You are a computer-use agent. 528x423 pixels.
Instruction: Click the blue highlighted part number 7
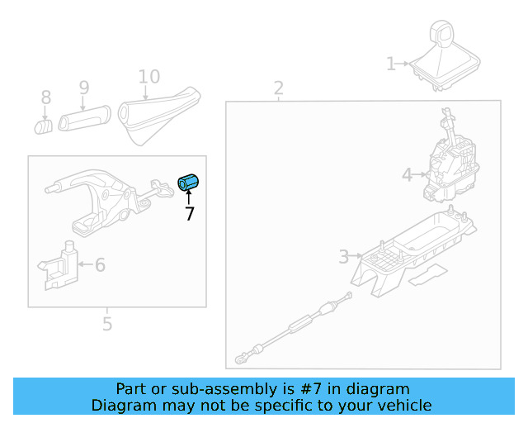pyautogui.click(x=190, y=182)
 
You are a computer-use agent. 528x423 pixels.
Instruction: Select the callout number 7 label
pyautogui.click(x=190, y=214)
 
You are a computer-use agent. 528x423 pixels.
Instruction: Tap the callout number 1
pyautogui.click(x=391, y=64)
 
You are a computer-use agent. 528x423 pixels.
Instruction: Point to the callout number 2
pyautogui.click(x=278, y=88)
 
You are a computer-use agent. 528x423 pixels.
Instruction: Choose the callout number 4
pyautogui.click(x=407, y=174)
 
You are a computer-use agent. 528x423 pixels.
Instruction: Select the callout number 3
pyautogui.click(x=344, y=257)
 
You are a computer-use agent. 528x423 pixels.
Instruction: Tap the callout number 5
pyautogui.click(x=107, y=324)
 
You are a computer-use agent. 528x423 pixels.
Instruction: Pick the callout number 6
pyautogui.click(x=100, y=265)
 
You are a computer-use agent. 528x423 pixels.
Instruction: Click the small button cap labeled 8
pyautogui.click(x=44, y=126)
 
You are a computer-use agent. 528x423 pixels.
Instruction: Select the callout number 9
pyautogui.click(x=83, y=87)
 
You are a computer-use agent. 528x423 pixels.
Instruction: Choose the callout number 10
pyautogui.click(x=149, y=77)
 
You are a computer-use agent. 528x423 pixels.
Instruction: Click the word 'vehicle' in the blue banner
pyautogui.click(x=400, y=405)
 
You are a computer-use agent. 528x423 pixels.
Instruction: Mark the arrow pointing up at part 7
pyautogui.click(x=189, y=197)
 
